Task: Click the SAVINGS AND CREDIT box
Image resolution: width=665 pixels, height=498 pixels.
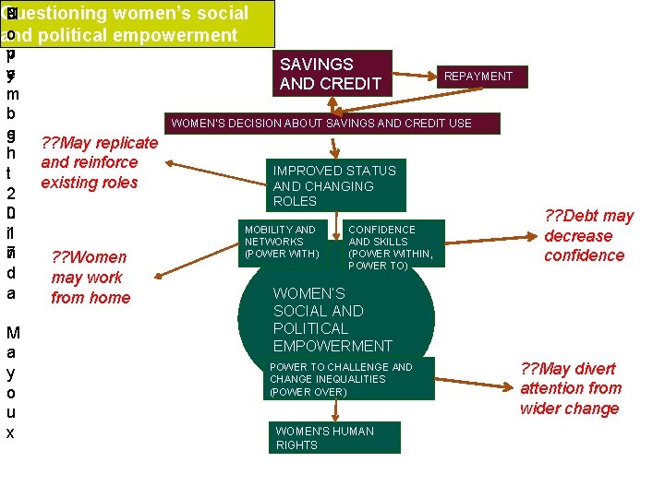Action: [x=334, y=74]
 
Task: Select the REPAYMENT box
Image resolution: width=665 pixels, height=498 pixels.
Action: [x=478, y=77]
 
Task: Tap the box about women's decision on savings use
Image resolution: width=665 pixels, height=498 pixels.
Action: [x=333, y=124]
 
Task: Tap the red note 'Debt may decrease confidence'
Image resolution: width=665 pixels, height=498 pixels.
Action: [x=588, y=235]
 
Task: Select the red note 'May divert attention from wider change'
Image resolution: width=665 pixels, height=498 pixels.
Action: [x=571, y=388]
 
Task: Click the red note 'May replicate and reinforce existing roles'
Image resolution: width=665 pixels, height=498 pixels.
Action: [x=100, y=162]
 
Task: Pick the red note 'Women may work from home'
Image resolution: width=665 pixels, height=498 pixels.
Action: [x=91, y=277]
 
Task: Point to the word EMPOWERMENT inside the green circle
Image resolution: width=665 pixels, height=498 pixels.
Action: [x=332, y=346]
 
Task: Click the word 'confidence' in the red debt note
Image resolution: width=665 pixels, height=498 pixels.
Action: [x=584, y=255]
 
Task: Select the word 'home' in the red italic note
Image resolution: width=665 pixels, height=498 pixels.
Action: [x=111, y=298]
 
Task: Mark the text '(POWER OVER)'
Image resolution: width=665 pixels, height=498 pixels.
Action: [x=308, y=392]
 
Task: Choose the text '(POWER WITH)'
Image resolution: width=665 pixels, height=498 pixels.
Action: [x=282, y=254]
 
